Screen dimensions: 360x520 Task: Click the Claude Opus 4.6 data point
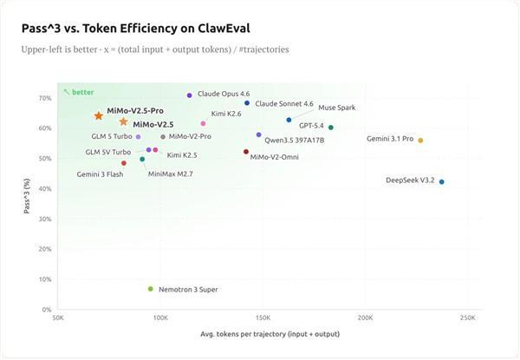[189, 95]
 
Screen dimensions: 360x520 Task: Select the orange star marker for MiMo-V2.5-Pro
[99, 115]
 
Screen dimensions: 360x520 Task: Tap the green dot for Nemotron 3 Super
[151, 289]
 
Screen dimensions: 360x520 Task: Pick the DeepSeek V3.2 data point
[442, 181]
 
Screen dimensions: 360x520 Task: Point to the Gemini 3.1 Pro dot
[421, 140]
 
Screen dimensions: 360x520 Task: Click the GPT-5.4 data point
[331, 127]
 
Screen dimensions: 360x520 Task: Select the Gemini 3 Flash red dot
[124, 163]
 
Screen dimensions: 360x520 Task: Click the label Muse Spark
[336, 108]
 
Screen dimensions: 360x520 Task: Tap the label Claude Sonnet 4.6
[283, 103]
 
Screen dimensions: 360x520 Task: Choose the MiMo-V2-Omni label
[274, 157]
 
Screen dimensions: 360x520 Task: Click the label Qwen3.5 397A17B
[294, 140]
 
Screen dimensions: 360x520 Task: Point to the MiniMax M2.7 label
[171, 173]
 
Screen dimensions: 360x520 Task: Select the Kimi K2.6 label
[226, 114]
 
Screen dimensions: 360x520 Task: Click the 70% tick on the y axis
[46, 98]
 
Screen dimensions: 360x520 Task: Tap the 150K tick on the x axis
[263, 317]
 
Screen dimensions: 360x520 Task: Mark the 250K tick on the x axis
[467, 317]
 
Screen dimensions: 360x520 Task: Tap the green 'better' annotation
[81, 92]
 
